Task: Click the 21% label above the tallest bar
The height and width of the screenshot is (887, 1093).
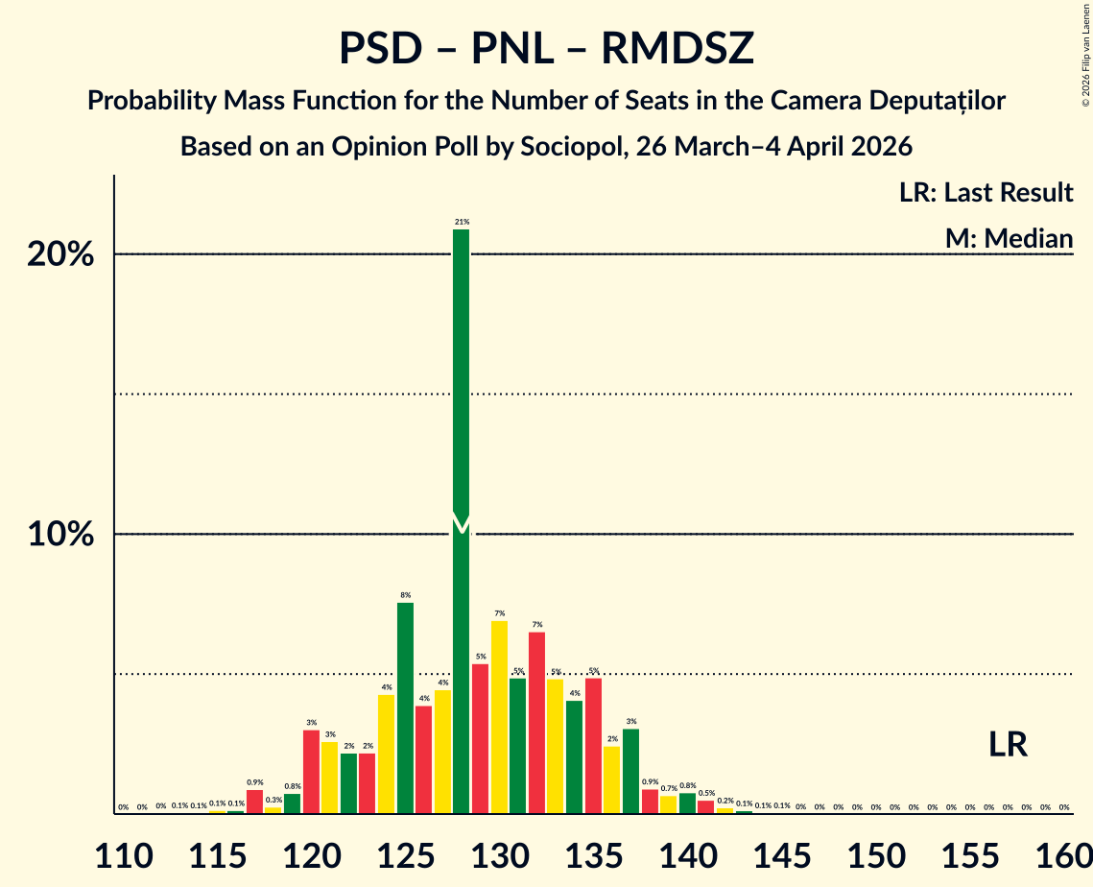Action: pyautogui.click(x=462, y=222)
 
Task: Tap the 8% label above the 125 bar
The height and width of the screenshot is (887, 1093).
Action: pyautogui.click(x=405, y=595)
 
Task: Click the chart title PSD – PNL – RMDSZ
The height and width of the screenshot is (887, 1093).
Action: pyautogui.click(x=546, y=48)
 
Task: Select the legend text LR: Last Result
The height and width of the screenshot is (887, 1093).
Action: pyautogui.click(x=986, y=193)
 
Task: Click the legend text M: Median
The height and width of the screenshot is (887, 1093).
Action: pyautogui.click(x=1009, y=238)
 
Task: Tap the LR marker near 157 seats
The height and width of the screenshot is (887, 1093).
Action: pyautogui.click(x=1009, y=744)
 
